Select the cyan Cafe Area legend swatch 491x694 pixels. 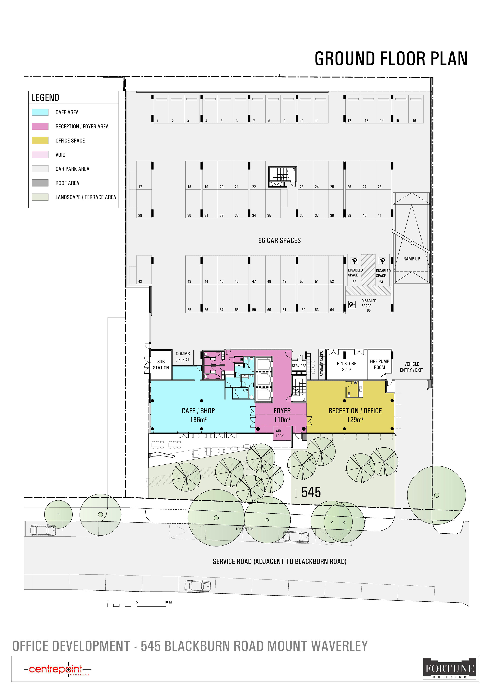[x=40, y=112]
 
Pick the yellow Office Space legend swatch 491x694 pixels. [x=40, y=140]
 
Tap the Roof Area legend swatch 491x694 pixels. [x=40, y=183]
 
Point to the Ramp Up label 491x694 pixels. [x=411, y=259]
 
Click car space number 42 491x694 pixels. [x=140, y=281]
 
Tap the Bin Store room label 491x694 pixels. [x=346, y=366]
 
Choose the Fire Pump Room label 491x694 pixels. [x=379, y=364]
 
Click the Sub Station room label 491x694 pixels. [x=161, y=365]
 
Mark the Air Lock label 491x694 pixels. [x=279, y=434]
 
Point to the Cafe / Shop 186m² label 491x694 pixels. [x=198, y=415]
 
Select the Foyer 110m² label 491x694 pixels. [x=282, y=415]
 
